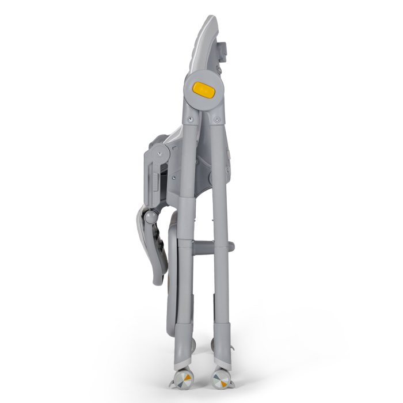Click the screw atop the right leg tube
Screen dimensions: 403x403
(216, 120)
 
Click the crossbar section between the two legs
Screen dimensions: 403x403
(204, 248)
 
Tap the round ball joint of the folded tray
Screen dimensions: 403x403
(150, 217)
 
